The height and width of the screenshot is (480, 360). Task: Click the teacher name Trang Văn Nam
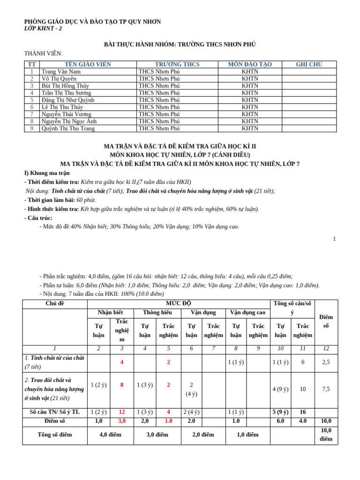tap(61, 72)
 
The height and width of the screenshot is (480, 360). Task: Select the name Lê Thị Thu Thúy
tap(62, 107)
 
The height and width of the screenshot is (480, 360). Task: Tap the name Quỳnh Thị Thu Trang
tap(68, 128)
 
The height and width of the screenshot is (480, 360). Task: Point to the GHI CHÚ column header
tap(309, 65)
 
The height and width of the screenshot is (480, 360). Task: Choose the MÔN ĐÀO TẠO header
tap(250, 65)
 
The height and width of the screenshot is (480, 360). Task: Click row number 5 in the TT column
tap(32, 100)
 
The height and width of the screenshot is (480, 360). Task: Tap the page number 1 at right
tap(334, 239)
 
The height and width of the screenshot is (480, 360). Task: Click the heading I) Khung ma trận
tap(47, 173)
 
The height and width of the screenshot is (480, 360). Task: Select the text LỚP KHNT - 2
tap(43, 29)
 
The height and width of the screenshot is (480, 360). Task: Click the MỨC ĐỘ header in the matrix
tap(179, 304)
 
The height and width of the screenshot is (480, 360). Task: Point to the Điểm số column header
tap(326, 322)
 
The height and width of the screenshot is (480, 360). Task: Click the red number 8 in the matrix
tap(122, 385)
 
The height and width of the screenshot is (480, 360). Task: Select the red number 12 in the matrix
tap(122, 412)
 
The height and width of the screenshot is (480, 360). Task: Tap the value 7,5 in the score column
tap(326, 389)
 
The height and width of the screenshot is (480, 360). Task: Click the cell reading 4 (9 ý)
tap(280, 389)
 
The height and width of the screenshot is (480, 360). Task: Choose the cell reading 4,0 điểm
tap(110, 435)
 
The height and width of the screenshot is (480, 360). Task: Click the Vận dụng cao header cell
tap(247, 312)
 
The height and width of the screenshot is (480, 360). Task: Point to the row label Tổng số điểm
tap(55, 435)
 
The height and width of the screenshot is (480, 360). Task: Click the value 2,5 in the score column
tap(326, 362)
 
